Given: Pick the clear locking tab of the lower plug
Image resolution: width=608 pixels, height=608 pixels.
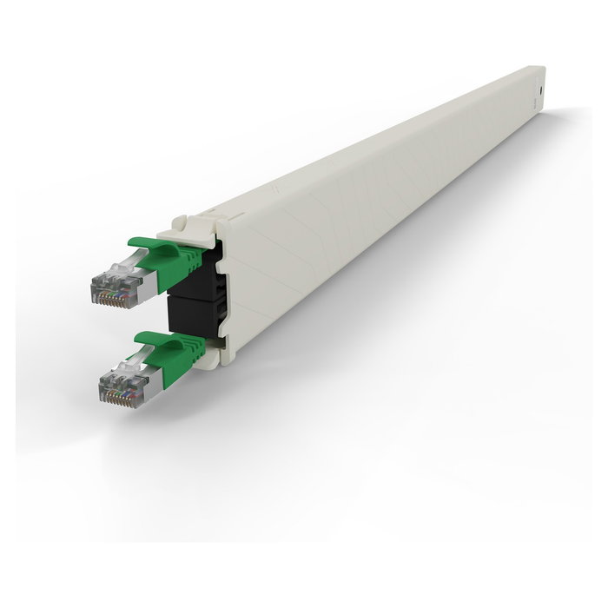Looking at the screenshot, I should click(122, 361).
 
